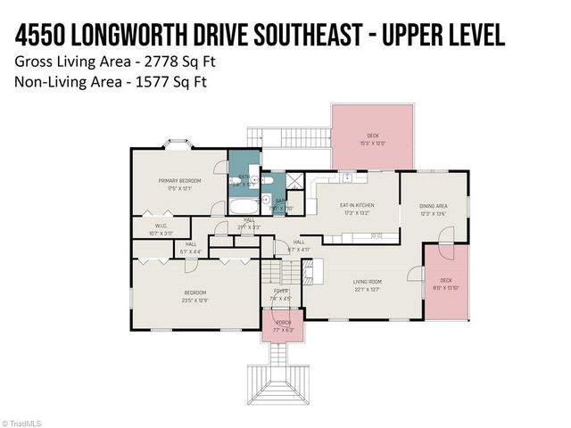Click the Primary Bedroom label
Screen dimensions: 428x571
click(179, 181)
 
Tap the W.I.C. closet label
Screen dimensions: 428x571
click(161, 226)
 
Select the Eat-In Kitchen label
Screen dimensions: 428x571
click(357, 205)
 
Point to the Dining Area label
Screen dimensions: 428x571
click(434, 206)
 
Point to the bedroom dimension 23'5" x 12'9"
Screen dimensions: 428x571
click(195, 300)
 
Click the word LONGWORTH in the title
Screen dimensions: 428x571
click(141, 35)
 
